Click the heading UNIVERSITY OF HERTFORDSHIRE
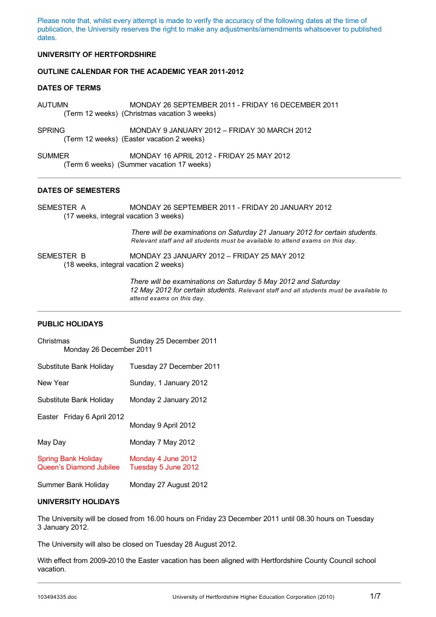[x=96, y=55]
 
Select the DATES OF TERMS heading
[x=69, y=88]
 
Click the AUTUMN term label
[x=53, y=105]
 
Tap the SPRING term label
[x=52, y=130]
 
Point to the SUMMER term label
[x=53, y=156]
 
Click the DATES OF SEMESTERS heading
[x=79, y=190]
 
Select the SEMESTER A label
[x=62, y=207]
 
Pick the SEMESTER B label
[x=62, y=256]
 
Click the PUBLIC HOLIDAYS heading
[x=70, y=324]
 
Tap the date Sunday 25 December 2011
[x=173, y=341]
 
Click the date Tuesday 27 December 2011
[x=175, y=366]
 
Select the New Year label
[x=53, y=383]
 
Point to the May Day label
[x=52, y=442]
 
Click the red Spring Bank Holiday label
[x=70, y=459]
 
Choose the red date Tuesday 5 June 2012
[x=164, y=467]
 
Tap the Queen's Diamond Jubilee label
[x=79, y=467]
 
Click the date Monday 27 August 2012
[x=169, y=485]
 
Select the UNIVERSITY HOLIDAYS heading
[x=78, y=502]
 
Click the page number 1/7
[x=375, y=596]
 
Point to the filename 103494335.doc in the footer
[x=57, y=598]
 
